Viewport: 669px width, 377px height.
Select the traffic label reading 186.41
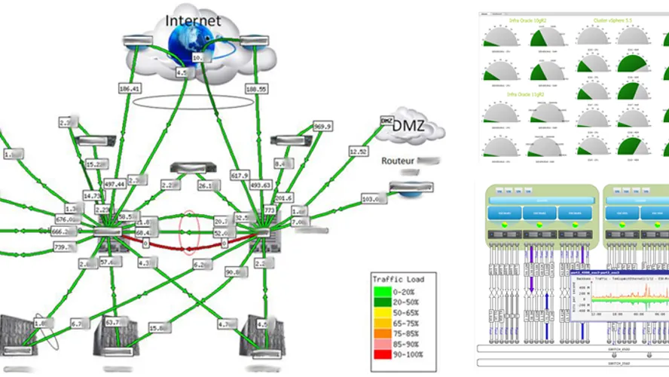130,88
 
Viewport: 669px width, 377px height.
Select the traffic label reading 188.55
256,88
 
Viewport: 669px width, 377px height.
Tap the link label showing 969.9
322,126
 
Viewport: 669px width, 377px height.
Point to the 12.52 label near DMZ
358,152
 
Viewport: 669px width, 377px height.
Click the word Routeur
399,161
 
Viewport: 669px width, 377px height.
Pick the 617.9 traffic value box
240,175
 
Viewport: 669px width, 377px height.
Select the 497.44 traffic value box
115,184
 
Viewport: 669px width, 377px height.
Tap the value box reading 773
269,209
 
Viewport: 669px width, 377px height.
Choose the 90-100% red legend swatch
383,354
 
